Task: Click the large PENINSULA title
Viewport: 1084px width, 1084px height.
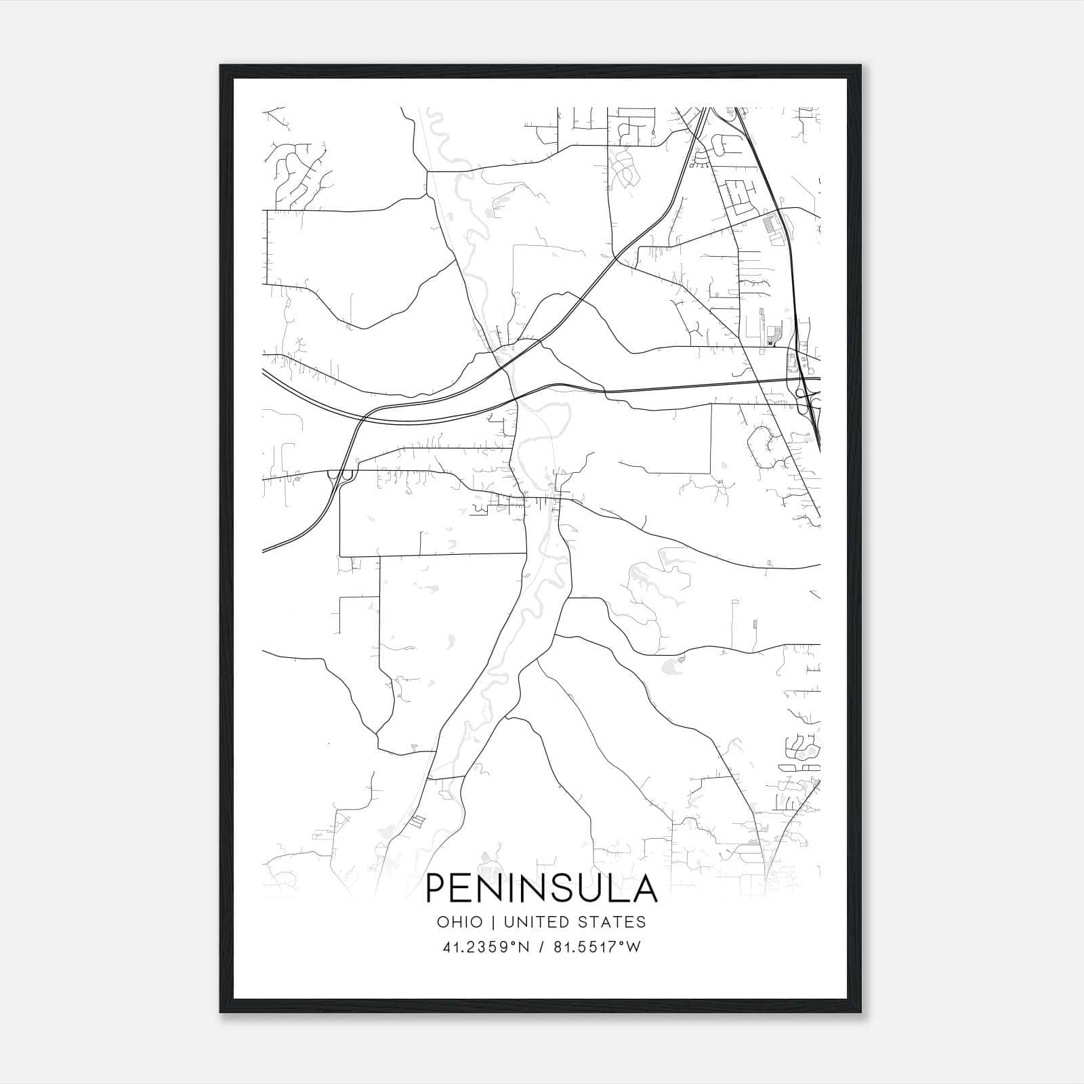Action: [x=541, y=888]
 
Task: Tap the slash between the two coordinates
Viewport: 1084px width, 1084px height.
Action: [x=539, y=947]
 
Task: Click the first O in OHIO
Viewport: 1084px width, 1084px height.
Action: [x=443, y=922]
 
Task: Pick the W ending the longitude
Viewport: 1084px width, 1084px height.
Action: [x=633, y=947]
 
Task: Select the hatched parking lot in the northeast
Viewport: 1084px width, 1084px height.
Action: [x=770, y=224]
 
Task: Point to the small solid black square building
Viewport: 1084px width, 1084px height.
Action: [x=770, y=344]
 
